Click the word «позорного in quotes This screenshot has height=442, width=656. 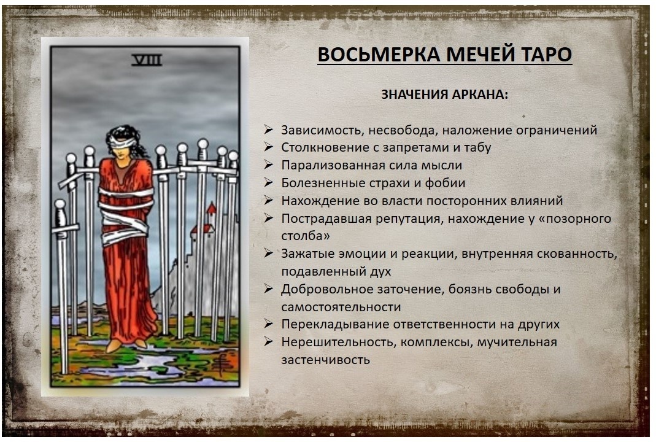576,219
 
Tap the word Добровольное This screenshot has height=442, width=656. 326,289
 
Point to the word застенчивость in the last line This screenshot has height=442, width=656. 325,360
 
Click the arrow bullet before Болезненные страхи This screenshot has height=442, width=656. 268,183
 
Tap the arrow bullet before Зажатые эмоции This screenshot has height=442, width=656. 268,254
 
